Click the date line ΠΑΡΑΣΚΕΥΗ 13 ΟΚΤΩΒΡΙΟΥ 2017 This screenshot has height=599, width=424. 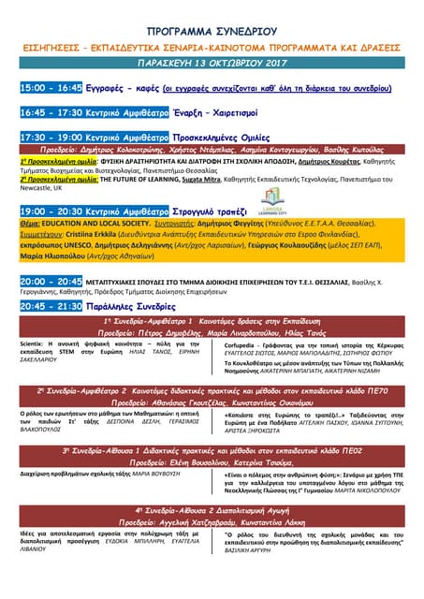[212, 66]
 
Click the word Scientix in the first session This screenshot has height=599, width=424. [33, 343]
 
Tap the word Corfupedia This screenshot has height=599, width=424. [246, 343]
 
